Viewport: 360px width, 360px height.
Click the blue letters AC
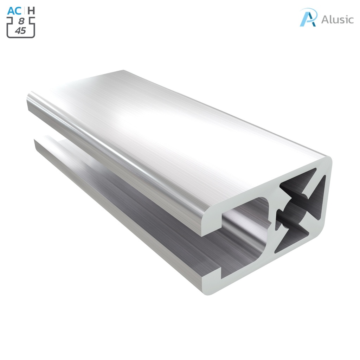pyautogui.click(x=14, y=11)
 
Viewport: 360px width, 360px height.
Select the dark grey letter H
pyautogui.click(x=31, y=11)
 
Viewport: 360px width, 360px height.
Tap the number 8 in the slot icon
pyautogui.click(x=21, y=21)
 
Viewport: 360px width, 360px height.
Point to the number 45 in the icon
pyautogui.click(x=21, y=31)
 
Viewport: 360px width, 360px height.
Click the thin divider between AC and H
pyautogui.click(x=24, y=11)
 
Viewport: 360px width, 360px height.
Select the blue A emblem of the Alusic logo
pyautogui.click(x=308, y=18)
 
